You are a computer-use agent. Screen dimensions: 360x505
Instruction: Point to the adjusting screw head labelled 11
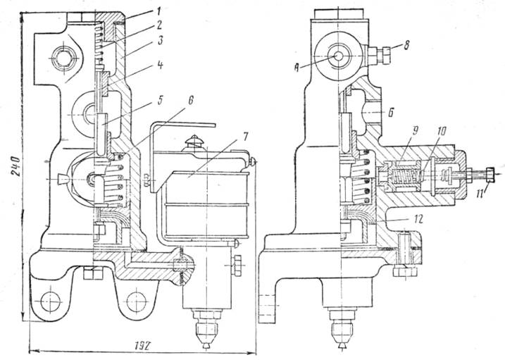(x=487, y=173)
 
